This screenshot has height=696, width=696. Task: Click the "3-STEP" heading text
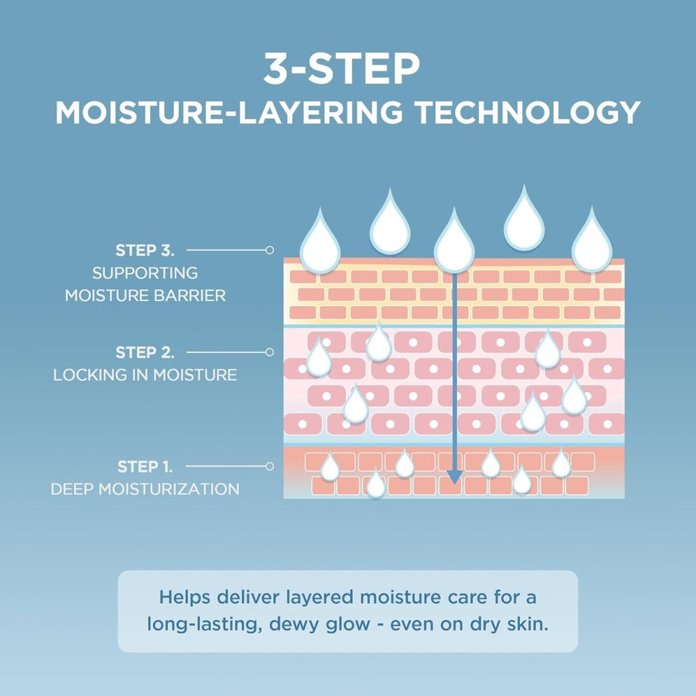341,69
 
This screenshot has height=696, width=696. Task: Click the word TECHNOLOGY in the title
527,112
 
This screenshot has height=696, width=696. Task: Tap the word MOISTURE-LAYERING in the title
229,112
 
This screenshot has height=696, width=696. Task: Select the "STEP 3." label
145,250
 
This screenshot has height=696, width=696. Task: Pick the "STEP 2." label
145,353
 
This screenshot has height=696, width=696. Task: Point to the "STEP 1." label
145,466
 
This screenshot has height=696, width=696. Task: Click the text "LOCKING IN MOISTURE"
145,375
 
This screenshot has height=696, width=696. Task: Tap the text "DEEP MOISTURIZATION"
145,489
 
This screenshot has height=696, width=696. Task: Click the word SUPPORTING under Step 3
145,273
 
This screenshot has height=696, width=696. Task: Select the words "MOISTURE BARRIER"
145,296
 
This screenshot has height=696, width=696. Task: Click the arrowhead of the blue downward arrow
453,477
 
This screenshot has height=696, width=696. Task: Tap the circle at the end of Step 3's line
269,250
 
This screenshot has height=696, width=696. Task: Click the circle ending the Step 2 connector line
269,353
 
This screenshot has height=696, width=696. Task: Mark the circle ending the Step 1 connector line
269,466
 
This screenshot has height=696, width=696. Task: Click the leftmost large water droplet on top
320,244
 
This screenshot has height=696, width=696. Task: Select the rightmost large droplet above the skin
592,243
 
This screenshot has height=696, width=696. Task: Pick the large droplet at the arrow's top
454,243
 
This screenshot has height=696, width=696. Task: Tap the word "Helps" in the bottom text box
185,597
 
